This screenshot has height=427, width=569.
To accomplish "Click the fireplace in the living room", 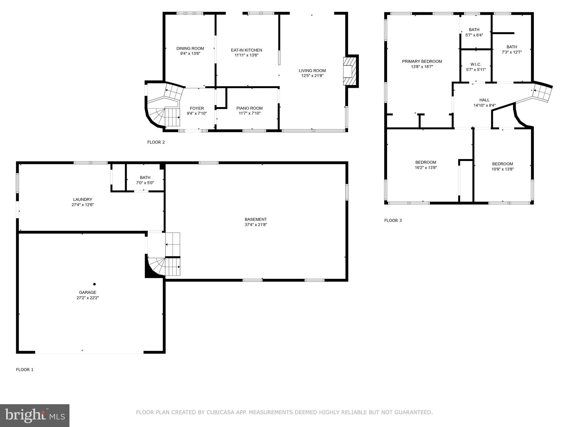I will (x=350, y=71).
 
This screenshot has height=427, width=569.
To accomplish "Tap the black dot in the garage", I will (x=94, y=284).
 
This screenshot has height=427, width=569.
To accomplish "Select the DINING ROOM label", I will (x=190, y=48).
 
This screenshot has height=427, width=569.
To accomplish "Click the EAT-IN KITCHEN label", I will (x=246, y=50).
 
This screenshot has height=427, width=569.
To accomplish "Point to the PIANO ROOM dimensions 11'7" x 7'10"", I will (x=249, y=113).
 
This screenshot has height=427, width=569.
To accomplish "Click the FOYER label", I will (x=197, y=108).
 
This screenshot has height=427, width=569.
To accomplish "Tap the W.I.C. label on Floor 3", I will (x=476, y=64).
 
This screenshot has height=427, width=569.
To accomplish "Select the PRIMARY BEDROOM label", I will (x=422, y=61).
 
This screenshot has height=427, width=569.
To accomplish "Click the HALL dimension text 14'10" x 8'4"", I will (x=485, y=105).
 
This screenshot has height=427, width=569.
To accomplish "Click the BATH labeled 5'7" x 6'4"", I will (x=474, y=30).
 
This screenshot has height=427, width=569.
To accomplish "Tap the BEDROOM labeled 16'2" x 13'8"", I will (x=426, y=162).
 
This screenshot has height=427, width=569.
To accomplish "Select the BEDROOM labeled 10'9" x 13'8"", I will (x=502, y=164).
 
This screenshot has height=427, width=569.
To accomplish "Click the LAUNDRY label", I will (x=83, y=199).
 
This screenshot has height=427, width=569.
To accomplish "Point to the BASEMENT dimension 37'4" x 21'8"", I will (x=256, y=225).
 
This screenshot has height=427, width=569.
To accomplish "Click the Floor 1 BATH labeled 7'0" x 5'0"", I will (x=145, y=177).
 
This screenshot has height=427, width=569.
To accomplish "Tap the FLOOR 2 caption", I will (x=156, y=142).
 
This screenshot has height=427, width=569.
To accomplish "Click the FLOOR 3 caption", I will (x=393, y=220).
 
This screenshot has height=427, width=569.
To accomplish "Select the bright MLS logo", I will (x=35, y=415).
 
